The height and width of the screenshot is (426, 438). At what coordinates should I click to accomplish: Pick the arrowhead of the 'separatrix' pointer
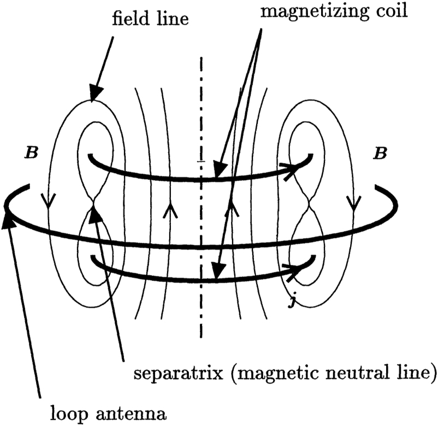tap(97, 212)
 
